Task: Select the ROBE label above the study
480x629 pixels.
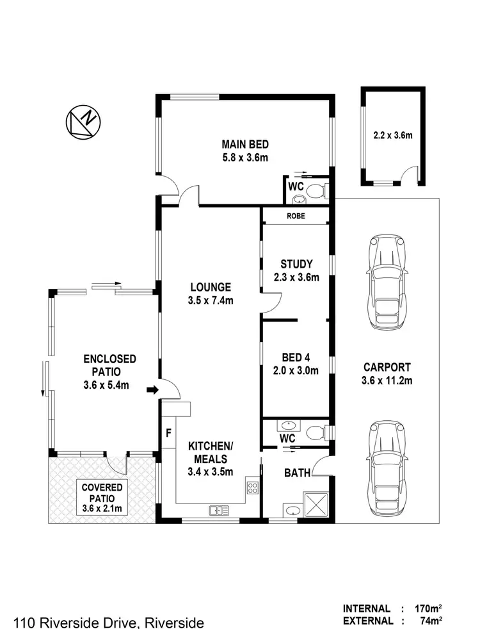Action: (x=296, y=216)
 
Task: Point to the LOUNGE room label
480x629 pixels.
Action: (x=210, y=293)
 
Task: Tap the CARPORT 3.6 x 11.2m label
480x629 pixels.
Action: (x=387, y=374)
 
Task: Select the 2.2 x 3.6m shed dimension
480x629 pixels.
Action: (x=392, y=135)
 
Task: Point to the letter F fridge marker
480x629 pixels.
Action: (x=168, y=432)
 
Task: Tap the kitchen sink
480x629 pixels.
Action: (x=218, y=511)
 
